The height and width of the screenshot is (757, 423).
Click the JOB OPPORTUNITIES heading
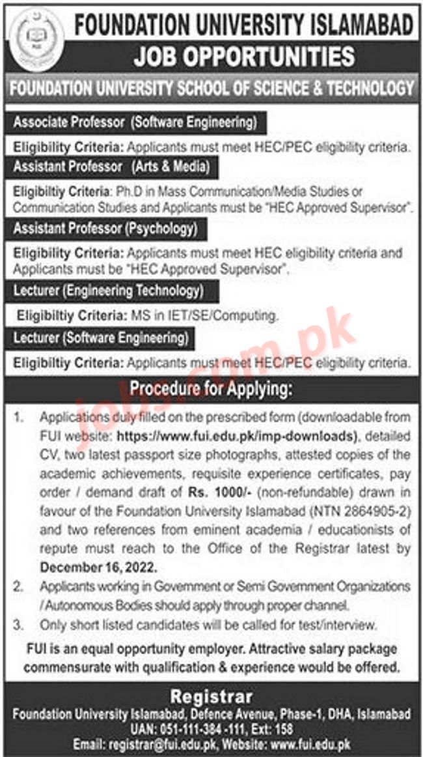point(244,57)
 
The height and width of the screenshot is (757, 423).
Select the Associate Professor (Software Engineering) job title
point(135,122)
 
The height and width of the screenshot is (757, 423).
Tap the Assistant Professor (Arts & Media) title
point(111,167)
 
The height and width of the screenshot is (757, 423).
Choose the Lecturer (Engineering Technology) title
point(108,291)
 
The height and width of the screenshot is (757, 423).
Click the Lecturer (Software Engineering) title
point(101,338)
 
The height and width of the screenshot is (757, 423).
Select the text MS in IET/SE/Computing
point(217,316)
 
